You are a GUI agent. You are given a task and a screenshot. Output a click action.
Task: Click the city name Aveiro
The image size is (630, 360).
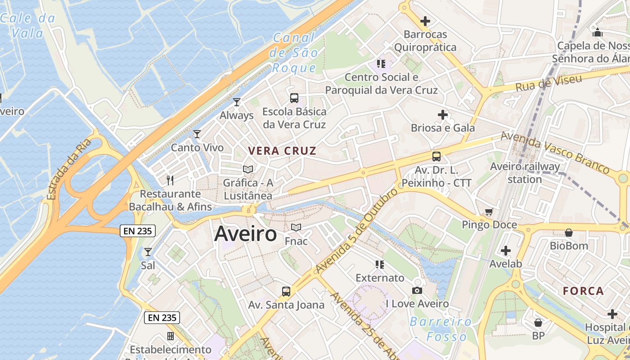tap(245, 234)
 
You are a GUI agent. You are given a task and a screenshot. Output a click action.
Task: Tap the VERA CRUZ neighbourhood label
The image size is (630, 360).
tap(283, 151)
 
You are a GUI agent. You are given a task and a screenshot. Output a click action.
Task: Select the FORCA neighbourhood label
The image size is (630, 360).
tap(583, 291)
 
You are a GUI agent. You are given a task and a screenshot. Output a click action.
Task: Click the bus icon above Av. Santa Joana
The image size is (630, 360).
tap(286, 291)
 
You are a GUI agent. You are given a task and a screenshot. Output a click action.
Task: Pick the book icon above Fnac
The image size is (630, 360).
tap(296, 227)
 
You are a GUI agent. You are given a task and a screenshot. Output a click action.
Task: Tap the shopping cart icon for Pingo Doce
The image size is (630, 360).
tap(489, 211)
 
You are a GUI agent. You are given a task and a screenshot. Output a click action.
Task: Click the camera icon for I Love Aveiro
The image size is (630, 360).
tap(417, 290)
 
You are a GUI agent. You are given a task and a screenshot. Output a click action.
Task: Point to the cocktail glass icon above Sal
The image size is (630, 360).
tap(148, 252)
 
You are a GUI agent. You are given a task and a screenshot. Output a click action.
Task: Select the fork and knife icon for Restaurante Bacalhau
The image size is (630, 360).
tap(170, 180)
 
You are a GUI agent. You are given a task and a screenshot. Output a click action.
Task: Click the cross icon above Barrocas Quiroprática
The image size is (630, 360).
tap(425, 21)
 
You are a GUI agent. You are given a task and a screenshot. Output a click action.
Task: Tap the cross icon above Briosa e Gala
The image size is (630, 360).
tap(443, 115)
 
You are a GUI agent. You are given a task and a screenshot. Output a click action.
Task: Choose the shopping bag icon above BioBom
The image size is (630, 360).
tap(569, 233)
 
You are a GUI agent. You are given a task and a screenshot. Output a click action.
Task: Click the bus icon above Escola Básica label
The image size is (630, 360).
tap(294, 98)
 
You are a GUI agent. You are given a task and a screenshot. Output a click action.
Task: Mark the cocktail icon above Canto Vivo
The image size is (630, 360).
tap(197, 134)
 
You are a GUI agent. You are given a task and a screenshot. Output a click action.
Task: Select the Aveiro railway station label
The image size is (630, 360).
tap(525, 173)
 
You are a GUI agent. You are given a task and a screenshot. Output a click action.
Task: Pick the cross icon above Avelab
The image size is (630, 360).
tap(506, 250)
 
